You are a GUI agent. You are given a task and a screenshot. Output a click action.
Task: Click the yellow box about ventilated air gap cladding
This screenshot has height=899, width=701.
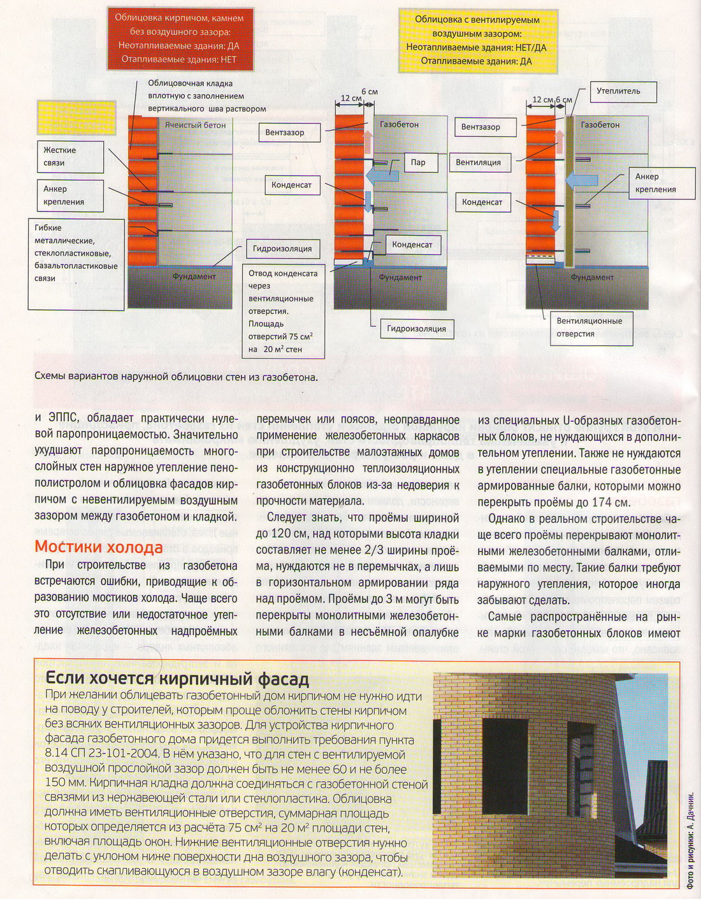pos(477,40)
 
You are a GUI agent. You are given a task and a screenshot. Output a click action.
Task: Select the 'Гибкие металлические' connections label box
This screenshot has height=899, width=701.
pos(76,253)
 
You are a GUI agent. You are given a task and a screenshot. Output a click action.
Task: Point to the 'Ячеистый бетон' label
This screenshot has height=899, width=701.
pos(196,126)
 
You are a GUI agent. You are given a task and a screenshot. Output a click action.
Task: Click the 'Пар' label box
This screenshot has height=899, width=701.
pos(417,162)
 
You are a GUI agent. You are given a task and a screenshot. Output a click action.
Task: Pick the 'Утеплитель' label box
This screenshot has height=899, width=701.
pos(618,91)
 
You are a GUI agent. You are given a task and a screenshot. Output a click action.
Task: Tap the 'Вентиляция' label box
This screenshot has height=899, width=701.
pos(479,162)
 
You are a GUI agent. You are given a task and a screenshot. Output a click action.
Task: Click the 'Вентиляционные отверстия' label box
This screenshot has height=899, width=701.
pos(591,327)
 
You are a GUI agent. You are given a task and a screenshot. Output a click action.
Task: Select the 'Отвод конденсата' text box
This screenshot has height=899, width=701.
pos(284,311)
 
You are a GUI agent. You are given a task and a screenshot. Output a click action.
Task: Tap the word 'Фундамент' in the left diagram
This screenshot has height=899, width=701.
pos(194,277)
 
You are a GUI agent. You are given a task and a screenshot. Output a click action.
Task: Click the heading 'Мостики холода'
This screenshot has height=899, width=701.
pos(99,547)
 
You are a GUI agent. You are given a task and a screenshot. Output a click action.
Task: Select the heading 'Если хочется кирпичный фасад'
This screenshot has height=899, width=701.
pos(178,678)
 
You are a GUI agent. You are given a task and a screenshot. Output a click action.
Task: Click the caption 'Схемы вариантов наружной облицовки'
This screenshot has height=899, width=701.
pos(176,377)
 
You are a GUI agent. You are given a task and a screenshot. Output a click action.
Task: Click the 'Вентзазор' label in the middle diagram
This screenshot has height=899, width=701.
pos(284,133)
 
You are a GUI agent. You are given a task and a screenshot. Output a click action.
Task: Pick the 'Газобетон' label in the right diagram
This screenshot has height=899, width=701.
pos(600,125)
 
